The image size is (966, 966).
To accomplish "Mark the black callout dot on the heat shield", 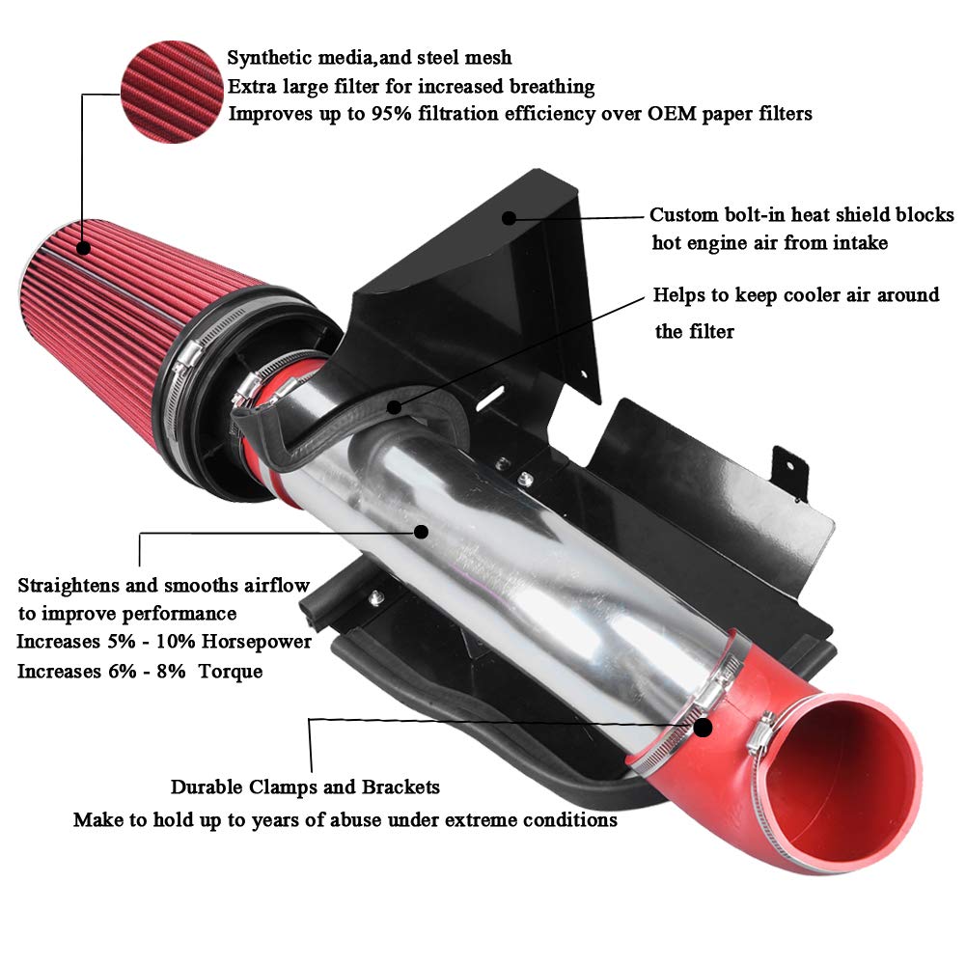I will pyautogui.click(x=509, y=217).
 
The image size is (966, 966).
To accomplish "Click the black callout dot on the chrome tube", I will pyautogui.click(x=420, y=531).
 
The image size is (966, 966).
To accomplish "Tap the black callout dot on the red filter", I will pyautogui.click(x=85, y=249).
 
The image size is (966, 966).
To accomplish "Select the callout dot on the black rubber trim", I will pyautogui.click(x=394, y=407).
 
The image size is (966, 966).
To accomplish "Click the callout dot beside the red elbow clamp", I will pyautogui.click(x=704, y=727).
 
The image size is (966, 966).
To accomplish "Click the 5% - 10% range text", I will pyautogui.click(x=129, y=642).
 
